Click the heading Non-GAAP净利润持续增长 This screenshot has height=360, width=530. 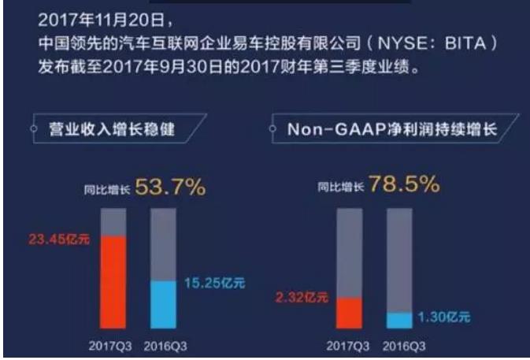click(391, 128)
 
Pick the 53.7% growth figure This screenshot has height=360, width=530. click(171, 187)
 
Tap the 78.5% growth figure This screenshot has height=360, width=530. click(404, 186)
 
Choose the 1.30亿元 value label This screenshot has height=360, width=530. click(442, 317)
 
